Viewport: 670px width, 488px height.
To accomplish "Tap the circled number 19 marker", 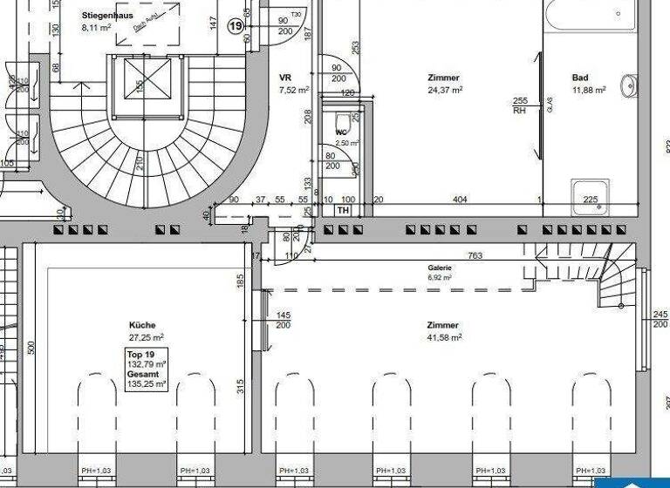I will pos(236,26).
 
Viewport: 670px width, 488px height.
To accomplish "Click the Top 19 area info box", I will pos(146,369).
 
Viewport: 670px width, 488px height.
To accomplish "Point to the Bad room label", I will pos(580,78).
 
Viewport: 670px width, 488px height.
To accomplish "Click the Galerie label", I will pos(439,268).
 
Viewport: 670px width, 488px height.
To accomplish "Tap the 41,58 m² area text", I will pos(444,336).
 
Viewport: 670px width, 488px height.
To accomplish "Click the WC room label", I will pos(341,133).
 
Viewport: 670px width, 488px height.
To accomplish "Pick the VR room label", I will pos(285,78).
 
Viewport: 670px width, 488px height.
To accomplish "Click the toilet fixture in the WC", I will pos(342,119).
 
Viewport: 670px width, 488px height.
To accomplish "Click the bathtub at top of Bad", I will pos(589,14).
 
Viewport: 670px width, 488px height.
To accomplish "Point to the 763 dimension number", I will pos(475,256).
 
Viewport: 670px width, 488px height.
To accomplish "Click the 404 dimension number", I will pos(460,200).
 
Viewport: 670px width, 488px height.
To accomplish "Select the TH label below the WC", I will pos(343,211).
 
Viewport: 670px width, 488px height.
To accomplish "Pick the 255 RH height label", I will pos(519,105).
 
